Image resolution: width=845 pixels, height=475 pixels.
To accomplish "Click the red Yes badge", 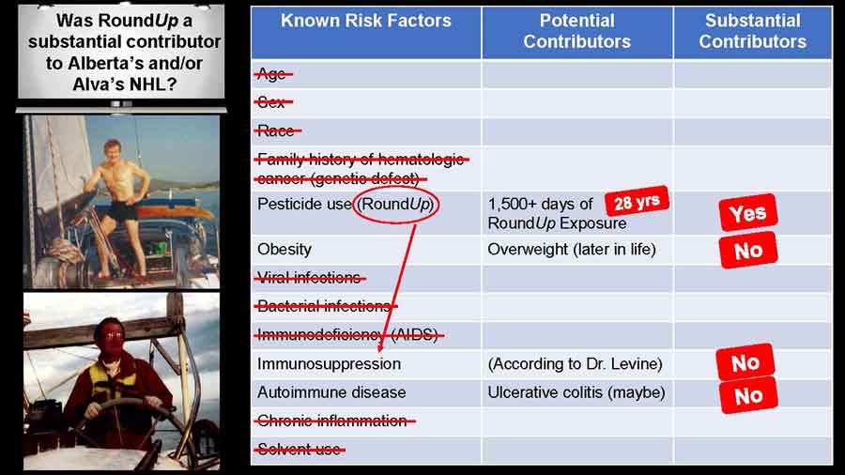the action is pos(748,213).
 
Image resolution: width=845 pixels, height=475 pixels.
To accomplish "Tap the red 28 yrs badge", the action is pos(637,202).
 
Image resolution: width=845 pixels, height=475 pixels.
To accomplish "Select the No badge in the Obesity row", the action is pos(748,250).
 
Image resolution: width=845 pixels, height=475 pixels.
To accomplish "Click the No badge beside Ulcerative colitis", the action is pos(748,396).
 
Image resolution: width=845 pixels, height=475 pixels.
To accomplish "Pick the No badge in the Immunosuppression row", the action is pos(745,362).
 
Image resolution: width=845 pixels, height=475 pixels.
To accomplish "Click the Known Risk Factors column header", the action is pos(365,21).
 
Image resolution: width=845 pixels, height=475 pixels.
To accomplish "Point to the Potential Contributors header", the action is pos(577,31).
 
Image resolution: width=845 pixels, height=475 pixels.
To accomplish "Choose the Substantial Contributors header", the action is pos(753,31).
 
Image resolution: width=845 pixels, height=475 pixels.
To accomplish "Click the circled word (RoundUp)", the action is pos(395,205).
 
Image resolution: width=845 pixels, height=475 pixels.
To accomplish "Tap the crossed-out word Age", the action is pos(272,74).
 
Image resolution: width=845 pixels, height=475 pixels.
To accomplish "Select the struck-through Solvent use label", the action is pos(300,449).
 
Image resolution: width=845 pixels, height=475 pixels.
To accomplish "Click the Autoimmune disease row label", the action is pos(331,392).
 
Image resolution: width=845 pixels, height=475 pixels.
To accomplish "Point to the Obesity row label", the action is pos(284,250).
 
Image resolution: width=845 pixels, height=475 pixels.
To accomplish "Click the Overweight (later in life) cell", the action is pos(572,250).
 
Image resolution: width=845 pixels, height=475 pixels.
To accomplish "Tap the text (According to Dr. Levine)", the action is pos(575,364).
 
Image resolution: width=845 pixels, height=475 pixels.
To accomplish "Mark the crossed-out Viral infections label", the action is pos(309,278).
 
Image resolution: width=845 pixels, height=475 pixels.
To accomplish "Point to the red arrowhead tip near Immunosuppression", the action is pos(380,352).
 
